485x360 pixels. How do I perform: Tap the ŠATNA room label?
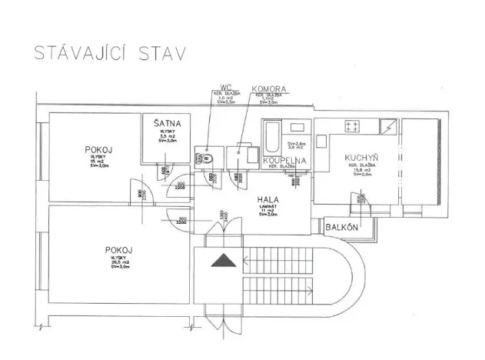click(167, 123)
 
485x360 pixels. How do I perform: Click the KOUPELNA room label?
click(285, 160)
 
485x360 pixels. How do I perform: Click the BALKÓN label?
click(340, 228)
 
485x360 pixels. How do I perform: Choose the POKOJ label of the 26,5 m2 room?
click(117, 250)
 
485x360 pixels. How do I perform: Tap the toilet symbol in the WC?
click(207, 158)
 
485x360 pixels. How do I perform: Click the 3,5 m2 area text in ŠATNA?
click(164, 136)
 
